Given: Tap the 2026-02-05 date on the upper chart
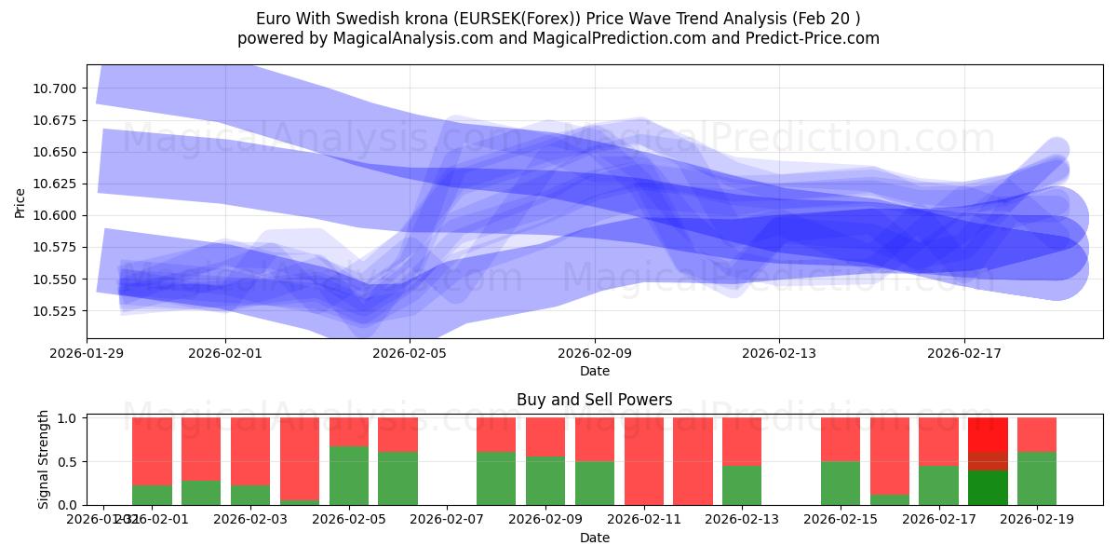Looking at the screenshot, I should [x=410, y=354].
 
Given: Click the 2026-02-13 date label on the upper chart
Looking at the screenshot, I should [x=779, y=354].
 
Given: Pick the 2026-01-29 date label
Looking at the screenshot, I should [x=87, y=354].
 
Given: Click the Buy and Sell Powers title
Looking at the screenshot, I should [x=594, y=400].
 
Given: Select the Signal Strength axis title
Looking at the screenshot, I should [x=44, y=460].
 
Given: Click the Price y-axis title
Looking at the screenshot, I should [x=20, y=202].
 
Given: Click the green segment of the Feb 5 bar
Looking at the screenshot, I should [x=349, y=475].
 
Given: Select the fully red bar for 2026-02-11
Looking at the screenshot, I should [x=644, y=461].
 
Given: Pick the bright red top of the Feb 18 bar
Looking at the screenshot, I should [x=988, y=434].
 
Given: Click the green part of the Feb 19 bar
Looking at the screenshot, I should [x=1037, y=478].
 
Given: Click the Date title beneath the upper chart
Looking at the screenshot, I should [x=594, y=371].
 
